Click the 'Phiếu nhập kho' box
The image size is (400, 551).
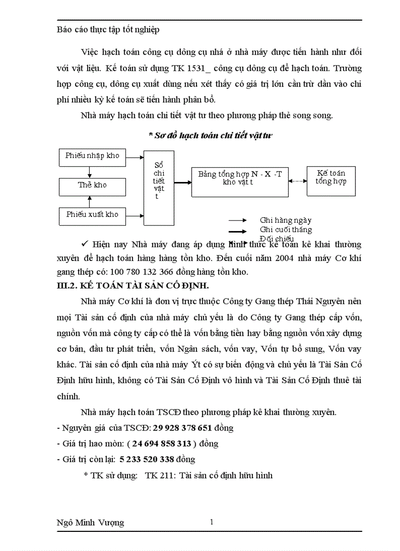(92, 156)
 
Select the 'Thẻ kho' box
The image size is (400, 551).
(92, 185)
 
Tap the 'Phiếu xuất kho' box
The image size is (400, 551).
(92, 215)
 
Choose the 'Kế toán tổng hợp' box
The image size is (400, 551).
(331, 178)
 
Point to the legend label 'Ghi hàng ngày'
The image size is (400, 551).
(285, 221)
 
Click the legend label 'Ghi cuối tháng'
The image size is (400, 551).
(285, 230)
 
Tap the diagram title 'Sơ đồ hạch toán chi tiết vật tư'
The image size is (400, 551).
(210, 136)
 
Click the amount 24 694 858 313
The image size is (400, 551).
(162, 444)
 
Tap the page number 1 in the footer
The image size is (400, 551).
(211, 522)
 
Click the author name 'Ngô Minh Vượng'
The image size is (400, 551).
(91, 523)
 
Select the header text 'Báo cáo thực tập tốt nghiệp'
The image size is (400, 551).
(108, 29)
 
